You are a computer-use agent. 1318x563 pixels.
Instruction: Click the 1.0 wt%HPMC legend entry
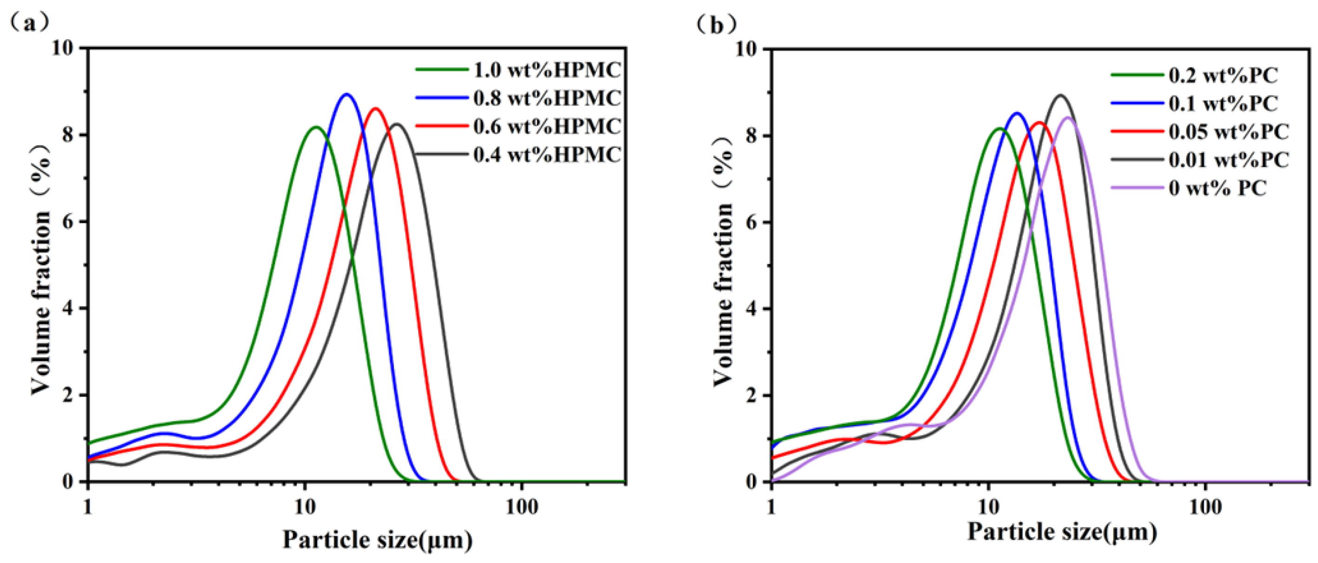coord(546,70)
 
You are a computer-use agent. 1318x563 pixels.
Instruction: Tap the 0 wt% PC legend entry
coord(1218,188)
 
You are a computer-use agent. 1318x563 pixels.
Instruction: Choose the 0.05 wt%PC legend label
coord(1228,132)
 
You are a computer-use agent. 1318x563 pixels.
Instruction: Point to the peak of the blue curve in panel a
coord(347,94)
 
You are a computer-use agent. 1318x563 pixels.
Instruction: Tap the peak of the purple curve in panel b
coord(1068,118)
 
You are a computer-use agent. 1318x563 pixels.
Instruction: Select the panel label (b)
coord(717,24)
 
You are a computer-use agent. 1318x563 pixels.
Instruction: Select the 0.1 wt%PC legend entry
coord(1223,104)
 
